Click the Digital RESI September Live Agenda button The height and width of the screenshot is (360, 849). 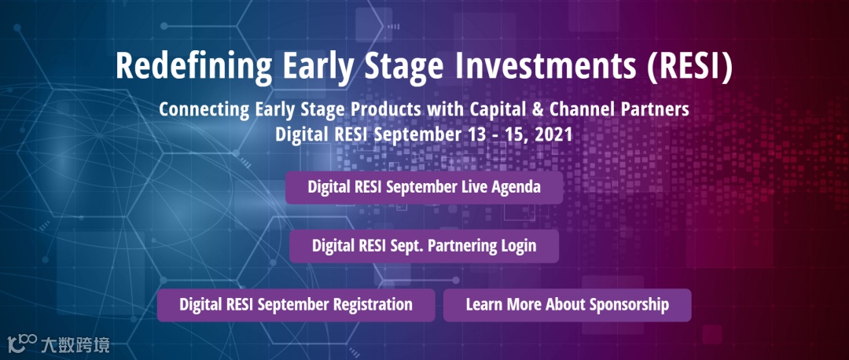coord(424,187)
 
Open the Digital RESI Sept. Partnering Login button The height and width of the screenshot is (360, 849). coord(424,246)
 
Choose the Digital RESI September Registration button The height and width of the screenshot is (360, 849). coord(296,305)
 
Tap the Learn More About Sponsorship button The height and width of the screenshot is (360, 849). coord(567,305)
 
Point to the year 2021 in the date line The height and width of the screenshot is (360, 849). coord(553,134)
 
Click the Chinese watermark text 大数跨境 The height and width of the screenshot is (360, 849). coord(75,345)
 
